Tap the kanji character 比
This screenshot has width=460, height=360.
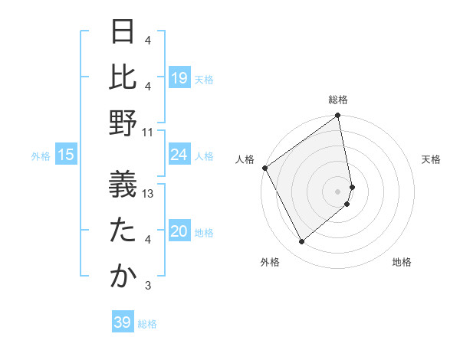click(x=123, y=77)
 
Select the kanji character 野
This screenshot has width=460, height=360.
click(x=123, y=124)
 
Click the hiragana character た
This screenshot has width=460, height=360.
click(x=123, y=230)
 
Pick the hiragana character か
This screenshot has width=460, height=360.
click(x=123, y=277)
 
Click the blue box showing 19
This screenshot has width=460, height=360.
click(x=179, y=77)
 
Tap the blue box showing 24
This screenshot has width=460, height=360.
click(x=179, y=155)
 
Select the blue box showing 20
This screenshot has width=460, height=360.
click(x=179, y=231)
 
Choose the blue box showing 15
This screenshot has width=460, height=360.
click(x=66, y=155)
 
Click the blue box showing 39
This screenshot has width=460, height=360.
click(x=123, y=322)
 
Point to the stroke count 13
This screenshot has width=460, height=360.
click(x=149, y=194)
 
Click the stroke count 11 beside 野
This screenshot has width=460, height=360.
click(x=148, y=132)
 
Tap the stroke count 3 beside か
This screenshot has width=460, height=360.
click(x=147, y=286)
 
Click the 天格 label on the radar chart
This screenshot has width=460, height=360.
click(x=431, y=159)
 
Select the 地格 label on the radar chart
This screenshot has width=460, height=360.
click(x=402, y=262)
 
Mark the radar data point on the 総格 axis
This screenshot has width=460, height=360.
click(x=337, y=116)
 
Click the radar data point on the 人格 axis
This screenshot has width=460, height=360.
click(x=264, y=168)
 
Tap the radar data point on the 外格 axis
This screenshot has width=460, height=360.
click(x=301, y=242)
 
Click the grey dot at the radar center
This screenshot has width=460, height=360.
click(x=337, y=191)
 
